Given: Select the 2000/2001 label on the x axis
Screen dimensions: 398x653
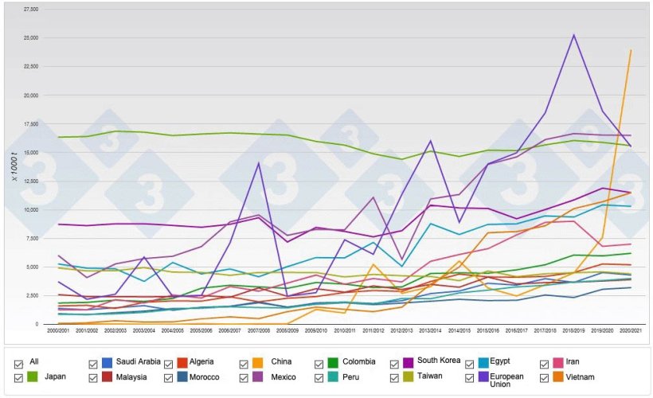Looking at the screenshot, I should click(57, 329).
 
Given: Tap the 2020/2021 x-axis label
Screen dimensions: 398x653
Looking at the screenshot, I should click(631, 329).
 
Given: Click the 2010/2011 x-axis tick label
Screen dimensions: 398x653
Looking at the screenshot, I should click(344, 329).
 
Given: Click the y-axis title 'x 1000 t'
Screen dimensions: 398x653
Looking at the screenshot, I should click(16, 166).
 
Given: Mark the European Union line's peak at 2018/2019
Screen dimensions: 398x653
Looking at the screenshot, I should click(573, 35).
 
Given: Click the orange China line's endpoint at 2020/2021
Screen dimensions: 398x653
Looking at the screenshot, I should click(631, 50).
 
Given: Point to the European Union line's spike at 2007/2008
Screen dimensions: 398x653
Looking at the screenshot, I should click(258, 163).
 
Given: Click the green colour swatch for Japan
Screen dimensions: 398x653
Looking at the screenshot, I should click(33, 377).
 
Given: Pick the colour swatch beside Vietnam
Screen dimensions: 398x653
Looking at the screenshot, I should click(555, 377).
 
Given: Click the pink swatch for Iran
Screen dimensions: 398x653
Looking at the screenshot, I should click(555, 362).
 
